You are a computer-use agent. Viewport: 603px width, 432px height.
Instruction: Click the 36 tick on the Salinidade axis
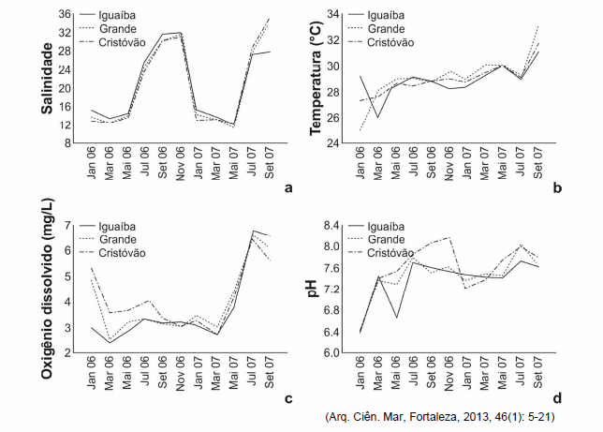pos(66,15)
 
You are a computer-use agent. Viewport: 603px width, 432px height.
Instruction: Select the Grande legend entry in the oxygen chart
pos(123,240)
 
